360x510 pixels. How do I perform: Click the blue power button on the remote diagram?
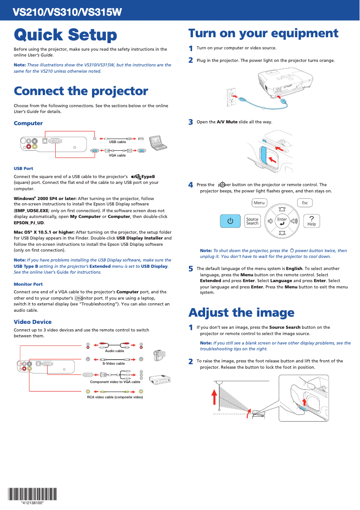click(230, 221)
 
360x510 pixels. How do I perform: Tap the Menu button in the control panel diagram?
click(259, 203)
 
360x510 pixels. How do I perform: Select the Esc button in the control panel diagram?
click(305, 203)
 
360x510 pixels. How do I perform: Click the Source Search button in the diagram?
click(252, 221)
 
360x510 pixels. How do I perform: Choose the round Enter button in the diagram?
click(282, 221)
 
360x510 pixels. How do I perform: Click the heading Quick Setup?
click(66, 35)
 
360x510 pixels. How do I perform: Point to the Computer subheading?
click(28, 123)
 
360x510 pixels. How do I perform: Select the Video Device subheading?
click(33, 322)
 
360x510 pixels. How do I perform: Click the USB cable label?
click(118, 142)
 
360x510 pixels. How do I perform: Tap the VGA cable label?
click(118, 155)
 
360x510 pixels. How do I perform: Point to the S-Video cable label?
click(114, 363)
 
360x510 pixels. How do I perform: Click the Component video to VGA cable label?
click(115, 382)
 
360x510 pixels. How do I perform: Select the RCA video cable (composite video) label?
click(115, 397)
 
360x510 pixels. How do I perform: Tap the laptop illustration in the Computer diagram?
click(158, 142)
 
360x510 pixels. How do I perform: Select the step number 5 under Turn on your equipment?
click(191, 269)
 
